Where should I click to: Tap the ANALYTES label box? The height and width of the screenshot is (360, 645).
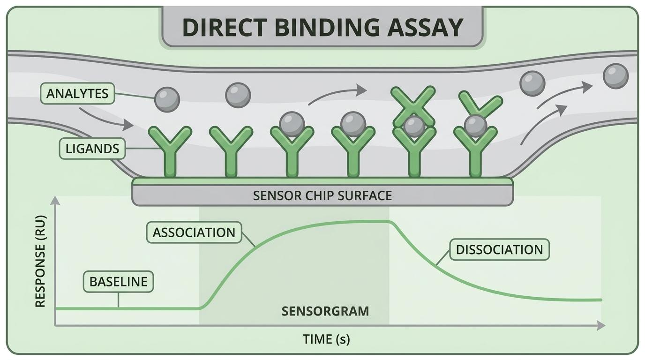[77, 94]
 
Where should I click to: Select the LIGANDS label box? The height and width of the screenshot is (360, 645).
[92, 149]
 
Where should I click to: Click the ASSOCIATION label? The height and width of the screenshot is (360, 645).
[194, 232]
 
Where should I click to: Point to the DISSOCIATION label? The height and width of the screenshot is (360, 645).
[500, 250]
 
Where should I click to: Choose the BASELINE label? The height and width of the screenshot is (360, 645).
[118, 282]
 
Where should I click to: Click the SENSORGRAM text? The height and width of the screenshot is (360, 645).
[325, 311]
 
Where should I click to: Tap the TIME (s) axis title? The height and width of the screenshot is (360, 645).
[326, 339]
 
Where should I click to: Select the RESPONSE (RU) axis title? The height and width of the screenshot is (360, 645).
[40, 262]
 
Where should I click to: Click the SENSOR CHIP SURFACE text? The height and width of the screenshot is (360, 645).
[322, 195]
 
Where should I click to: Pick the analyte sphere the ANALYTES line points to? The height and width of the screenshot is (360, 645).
[167, 100]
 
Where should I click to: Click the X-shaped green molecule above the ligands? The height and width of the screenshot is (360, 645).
[413, 107]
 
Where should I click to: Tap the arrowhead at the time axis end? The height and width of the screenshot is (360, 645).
[601, 326]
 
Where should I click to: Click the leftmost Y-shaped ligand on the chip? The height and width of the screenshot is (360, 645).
[170, 151]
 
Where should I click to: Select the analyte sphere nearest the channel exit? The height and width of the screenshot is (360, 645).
[615, 76]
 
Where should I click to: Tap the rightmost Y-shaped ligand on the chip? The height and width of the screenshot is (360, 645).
[475, 151]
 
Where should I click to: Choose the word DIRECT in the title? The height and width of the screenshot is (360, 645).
[223, 27]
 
